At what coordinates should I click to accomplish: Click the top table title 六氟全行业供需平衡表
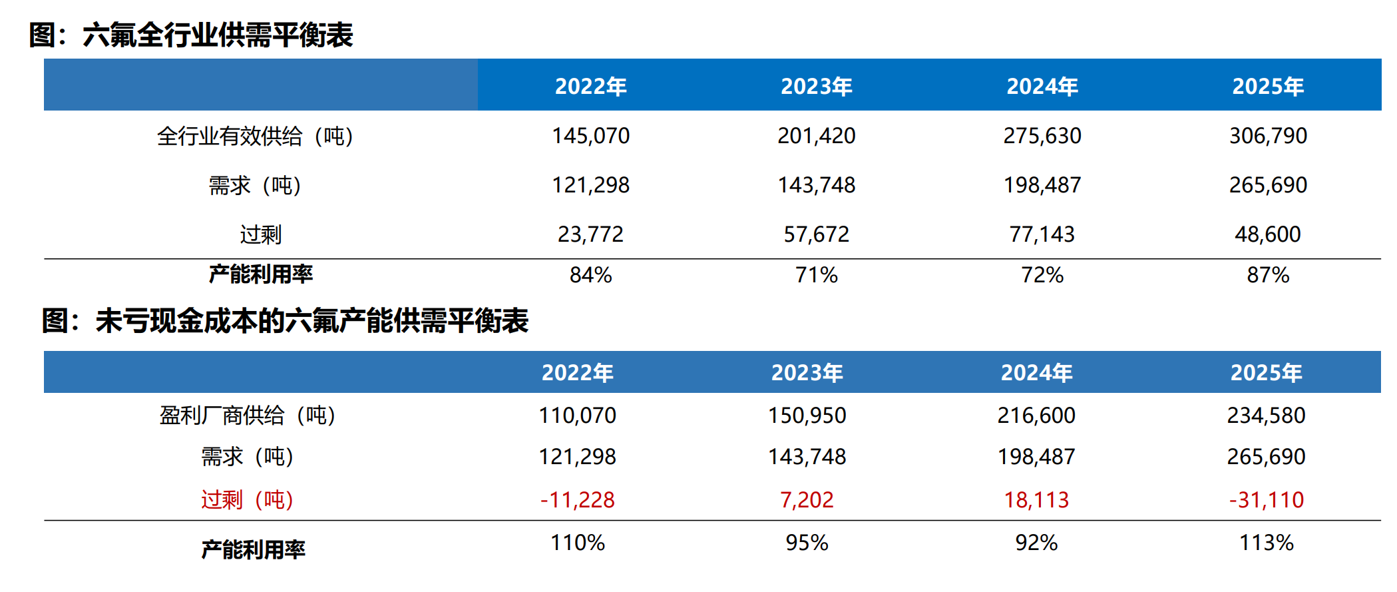tap(218, 35)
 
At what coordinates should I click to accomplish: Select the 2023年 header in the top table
tap(817, 87)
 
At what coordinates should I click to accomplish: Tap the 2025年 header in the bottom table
tap(1266, 373)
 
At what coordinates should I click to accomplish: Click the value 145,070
tap(590, 136)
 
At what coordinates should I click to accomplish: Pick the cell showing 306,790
tap(1268, 136)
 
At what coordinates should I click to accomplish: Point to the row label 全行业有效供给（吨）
tap(256, 137)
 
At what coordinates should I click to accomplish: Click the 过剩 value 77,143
tap(1042, 234)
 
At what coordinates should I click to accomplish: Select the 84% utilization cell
tap(590, 275)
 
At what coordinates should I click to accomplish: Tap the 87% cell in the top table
tap(1268, 275)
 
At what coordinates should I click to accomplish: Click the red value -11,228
tap(577, 500)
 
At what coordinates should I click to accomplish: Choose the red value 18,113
tap(1036, 500)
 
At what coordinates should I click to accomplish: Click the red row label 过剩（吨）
tap(248, 500)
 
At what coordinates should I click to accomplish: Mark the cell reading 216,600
tap(1036, 416)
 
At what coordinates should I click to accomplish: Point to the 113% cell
tap(1266, 543)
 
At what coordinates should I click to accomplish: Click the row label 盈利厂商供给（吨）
tap(248, 416)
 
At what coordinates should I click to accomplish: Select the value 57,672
tap(816, 234)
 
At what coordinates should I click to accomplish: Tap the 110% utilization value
tap(577, 543)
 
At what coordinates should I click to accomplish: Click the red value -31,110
tap(1266, 500)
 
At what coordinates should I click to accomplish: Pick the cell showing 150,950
tap(807, 416)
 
